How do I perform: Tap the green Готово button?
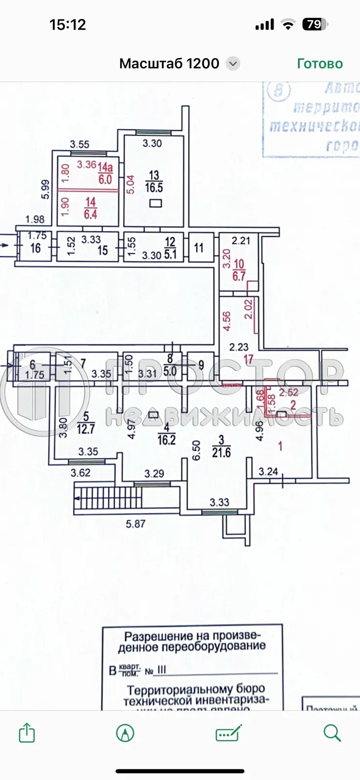(x=320, y=64)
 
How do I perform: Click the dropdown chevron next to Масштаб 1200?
(x=233, y=64)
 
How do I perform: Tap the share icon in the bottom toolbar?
(x=27, y=733)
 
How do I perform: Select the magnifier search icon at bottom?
(x=332, y=733)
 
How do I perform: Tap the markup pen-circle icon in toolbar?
(x=125, y=733)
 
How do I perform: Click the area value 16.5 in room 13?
(x=154, y=188)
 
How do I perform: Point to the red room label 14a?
(x=105, y=168)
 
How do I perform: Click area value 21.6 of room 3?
(x=221, y=453)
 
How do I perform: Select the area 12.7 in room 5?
(x=86, y=429)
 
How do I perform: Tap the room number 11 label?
(x=199, y=248)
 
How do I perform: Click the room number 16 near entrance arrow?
(x=35, y=248)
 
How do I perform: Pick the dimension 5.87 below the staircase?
(x=136, y=524)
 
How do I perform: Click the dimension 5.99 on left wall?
(x=45, y=189)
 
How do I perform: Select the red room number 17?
(x=248, y=360)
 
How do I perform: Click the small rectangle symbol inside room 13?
(x=156, y=203)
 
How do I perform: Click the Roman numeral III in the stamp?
(x=161, y=670)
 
